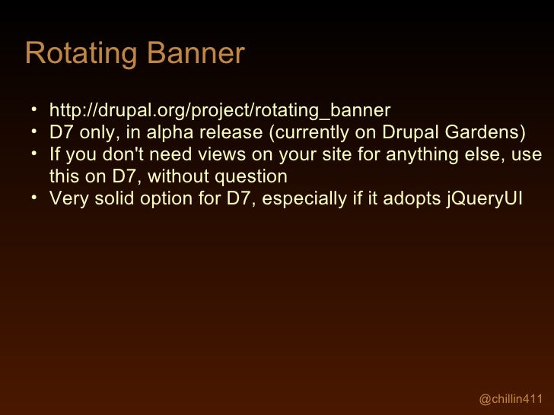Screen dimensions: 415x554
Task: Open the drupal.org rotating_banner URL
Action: pyautogui.click(x=219, y=110)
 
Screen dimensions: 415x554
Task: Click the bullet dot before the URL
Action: pyautogui.click(x=34, y=110)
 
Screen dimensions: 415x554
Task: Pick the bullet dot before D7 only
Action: pyautogui.click(x=34, y=132)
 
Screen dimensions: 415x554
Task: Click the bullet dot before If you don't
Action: pyautogui.click(x=34, y=154)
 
